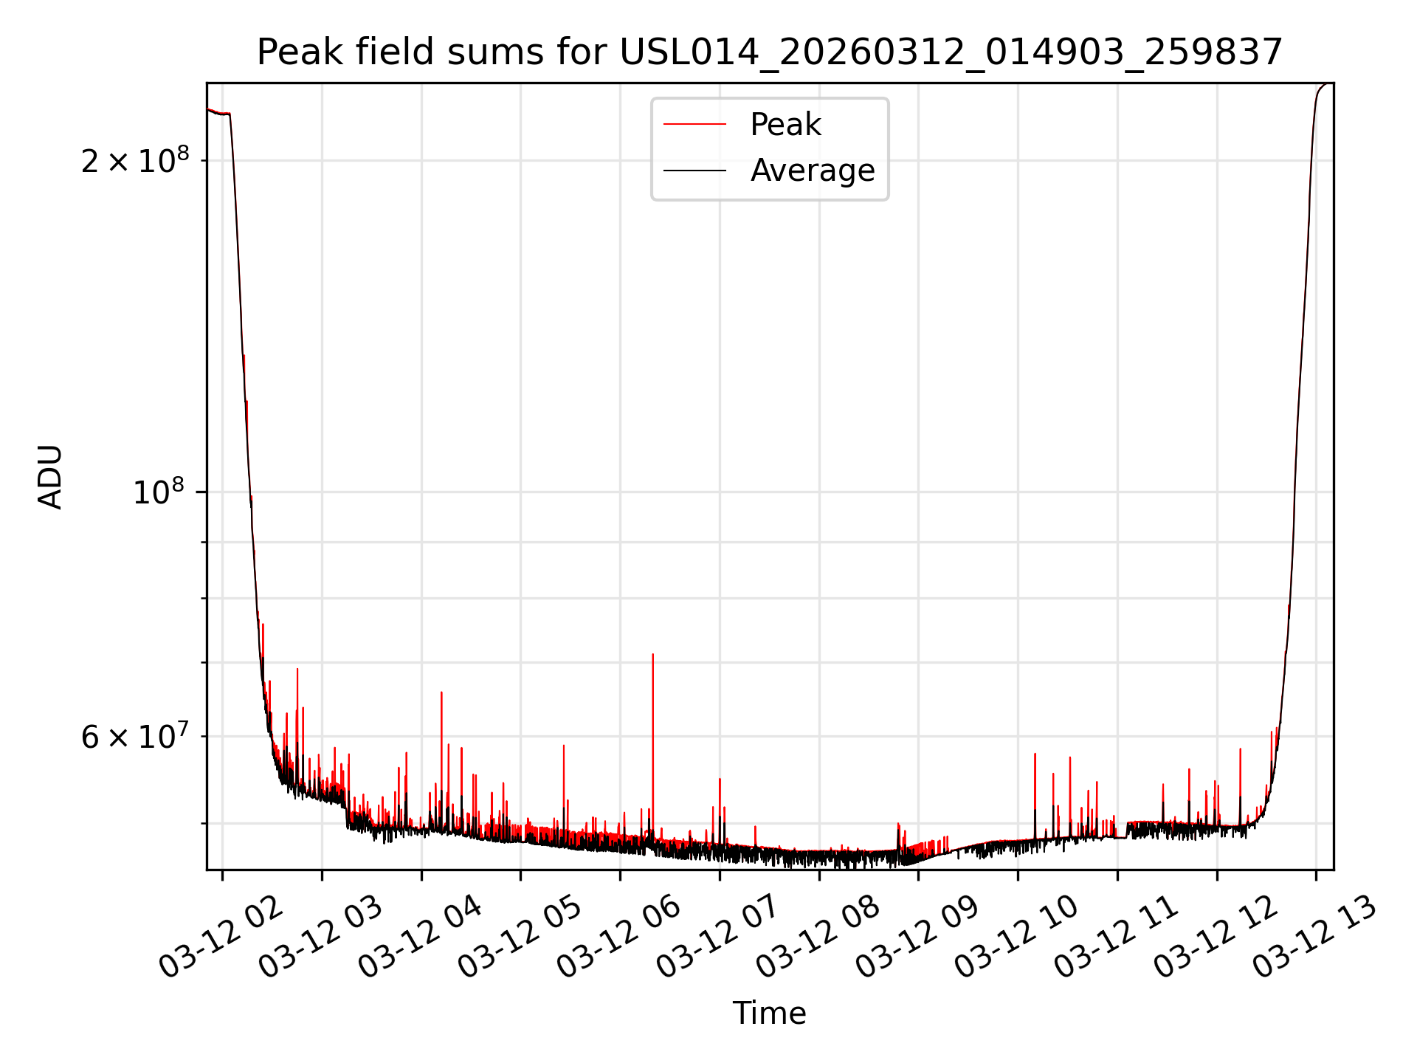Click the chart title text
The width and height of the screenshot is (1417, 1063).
(769, 52)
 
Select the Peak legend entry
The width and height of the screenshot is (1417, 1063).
(785, 125)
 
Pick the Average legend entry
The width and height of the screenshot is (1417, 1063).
(812, 171)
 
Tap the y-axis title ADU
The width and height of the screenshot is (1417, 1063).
(50, 477)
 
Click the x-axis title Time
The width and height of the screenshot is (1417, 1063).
(769, 1013)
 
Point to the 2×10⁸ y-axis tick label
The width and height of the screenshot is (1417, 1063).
(135, 160)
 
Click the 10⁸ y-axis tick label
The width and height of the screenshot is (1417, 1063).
(161, 492)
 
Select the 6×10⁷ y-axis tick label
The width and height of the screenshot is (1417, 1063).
(135, 736)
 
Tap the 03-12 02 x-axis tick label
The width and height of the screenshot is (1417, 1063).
(221, 938)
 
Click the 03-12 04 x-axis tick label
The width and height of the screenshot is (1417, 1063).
(421, 938)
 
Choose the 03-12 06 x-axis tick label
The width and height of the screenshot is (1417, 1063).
(619, 938)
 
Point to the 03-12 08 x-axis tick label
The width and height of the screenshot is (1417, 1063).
(818, 938)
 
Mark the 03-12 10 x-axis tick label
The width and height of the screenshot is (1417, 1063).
(1017, 938)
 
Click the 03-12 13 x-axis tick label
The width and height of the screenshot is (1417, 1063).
(1315, 938)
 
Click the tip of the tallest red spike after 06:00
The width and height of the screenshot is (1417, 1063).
(652, 655)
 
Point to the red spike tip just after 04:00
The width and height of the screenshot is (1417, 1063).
(441, 692)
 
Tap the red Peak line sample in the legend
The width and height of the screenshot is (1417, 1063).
(694, 125)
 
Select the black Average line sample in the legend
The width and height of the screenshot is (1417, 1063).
(694, 171)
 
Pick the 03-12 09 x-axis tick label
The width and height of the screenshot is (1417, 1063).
(917, 938)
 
